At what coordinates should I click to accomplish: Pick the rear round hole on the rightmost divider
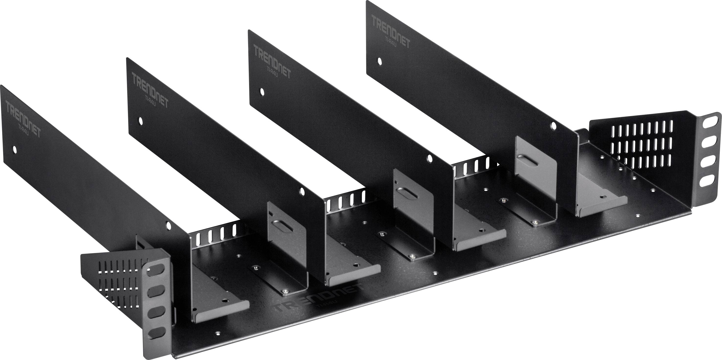pos(379,61)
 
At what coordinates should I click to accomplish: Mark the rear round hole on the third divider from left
pos(262,92)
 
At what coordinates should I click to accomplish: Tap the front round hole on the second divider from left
pos(302,191)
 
